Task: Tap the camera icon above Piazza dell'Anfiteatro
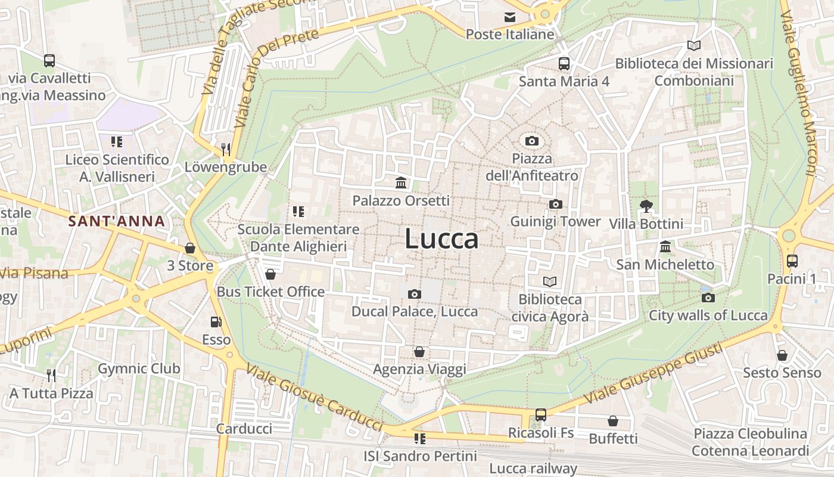pyautogui.click(x=532, y=141)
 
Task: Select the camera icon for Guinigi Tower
pyautogui.click(x=555, y=205)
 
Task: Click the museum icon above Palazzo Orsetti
pyautogui.click(x=401, y=182)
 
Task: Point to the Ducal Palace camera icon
pyautogui.click(x=414, y=294)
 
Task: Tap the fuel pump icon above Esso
pyautogui.click(x=216, y=322)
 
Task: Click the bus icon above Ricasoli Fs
pyautogui.click(x=541, y=415)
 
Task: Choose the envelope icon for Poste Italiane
pyautogui.click(x=510, y=17)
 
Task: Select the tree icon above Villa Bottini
pyautogui.click(x=646, y=206)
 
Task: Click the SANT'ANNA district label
pyautogui.click(x=116, y=221)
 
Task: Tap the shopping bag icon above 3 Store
pyautogui.click(x=190, y=248)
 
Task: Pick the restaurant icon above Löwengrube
pyautogui.click(x=225, y=149)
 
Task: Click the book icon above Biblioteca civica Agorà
pyautogui.click(x=549, y=281)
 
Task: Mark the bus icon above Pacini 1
pyautogui.click(x=792, y=261)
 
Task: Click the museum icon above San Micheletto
pyautogui.click(x=665, y=246)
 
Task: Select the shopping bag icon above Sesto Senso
pyautogui.click(x=782, y=355)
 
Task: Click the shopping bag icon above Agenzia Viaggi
pyautogui.click(x=419, y=352)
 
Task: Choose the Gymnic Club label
pyautogui.click(x=139, y=368)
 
